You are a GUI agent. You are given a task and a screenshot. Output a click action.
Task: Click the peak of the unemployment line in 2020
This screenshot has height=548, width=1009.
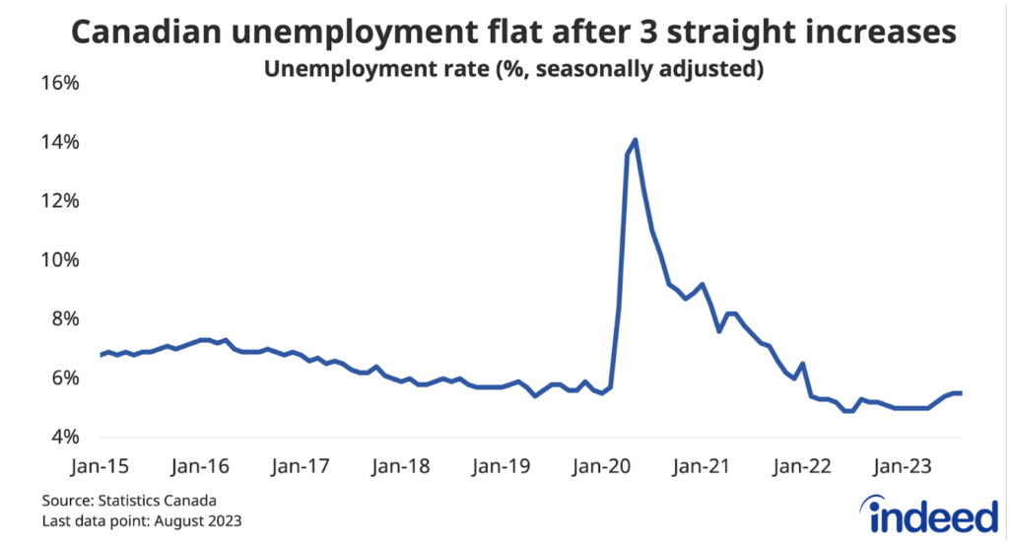[x=636, y=140]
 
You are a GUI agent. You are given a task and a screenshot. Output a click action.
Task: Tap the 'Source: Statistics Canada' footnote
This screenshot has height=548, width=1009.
[x=129, y=501]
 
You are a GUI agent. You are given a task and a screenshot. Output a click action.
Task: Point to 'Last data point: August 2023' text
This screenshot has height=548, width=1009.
[x=144, y=520]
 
